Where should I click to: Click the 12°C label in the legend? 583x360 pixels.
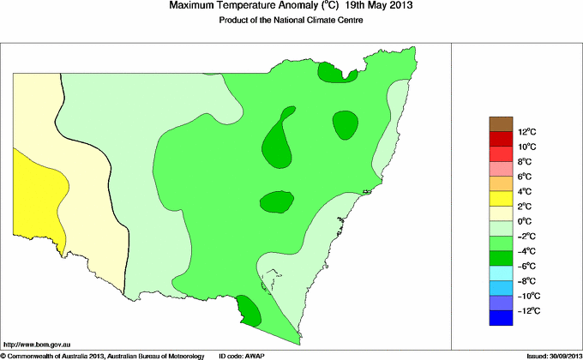click(x=526, y=132)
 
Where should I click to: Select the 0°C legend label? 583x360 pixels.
click(x=526, y=221)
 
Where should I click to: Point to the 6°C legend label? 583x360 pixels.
click(x=526, y=177)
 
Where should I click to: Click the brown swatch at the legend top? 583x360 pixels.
click(x=501, y=124)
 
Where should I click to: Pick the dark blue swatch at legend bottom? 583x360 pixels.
click(x=501, y=318)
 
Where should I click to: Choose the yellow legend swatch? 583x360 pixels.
click(x=501, y=199)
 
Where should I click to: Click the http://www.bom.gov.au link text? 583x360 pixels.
click(x=36, y=343)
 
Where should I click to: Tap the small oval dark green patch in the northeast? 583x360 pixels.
click(x=345, y=125)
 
